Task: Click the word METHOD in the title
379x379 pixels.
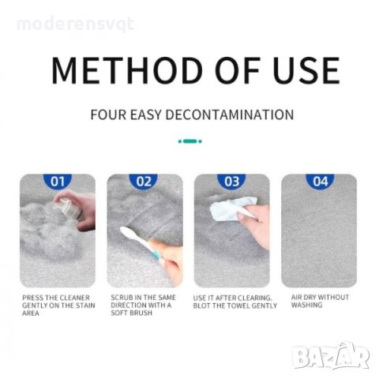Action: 127,70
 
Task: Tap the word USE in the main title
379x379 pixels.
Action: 306,70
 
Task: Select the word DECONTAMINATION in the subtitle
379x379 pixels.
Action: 230,114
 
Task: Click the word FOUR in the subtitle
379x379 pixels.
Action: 108,114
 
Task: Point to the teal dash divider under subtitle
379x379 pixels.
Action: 190,141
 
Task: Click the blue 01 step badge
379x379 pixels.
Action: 58,181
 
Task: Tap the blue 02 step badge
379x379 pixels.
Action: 144,181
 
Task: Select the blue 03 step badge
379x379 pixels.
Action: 231,181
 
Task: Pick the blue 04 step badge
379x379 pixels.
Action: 320,181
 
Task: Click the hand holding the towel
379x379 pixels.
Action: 254,223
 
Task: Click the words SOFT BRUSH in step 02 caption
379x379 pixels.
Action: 132,313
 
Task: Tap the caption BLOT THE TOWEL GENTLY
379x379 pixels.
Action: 235,306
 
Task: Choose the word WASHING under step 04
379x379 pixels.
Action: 306,305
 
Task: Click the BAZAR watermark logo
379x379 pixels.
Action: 331,356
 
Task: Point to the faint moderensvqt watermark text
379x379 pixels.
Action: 75,24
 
